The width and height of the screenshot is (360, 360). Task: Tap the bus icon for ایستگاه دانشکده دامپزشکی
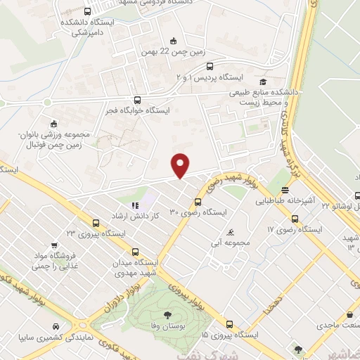click(86, 11)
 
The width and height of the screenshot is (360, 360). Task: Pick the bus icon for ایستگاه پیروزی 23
click(85, 223)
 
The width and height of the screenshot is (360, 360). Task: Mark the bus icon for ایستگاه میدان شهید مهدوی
click(135, 252)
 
